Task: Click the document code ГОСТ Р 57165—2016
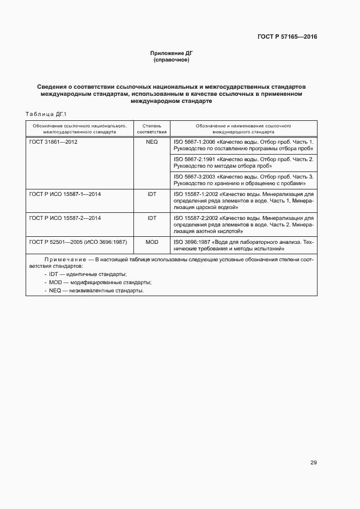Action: coord(287,37)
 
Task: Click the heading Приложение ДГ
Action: coord(172,53)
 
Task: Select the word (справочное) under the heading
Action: coord(172,59)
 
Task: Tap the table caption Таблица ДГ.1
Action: coord(46,114)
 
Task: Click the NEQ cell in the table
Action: coord(151,142)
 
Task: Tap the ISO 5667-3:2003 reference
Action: coord(243,180)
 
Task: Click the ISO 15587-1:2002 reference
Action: coord(243,200)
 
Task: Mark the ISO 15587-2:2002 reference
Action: coord(243,224)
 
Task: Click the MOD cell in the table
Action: coord(151,242)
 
